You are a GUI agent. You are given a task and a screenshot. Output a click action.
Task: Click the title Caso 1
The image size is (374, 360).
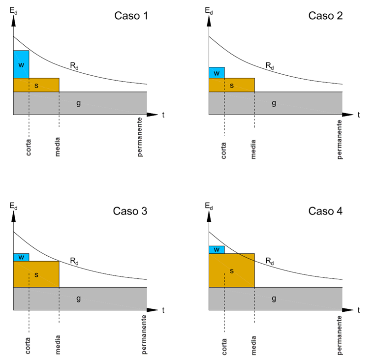point(131,15)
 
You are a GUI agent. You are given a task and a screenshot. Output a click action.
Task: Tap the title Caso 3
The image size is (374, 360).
point(130,211)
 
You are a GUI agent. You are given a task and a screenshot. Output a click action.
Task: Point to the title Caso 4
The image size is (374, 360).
point(325,211)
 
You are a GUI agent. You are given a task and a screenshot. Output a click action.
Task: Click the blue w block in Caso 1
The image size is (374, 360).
point(21,64)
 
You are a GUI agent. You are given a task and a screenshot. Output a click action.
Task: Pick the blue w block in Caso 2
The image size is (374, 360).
point(217,73)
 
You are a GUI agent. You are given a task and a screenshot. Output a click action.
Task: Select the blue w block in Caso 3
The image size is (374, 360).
point(21,257)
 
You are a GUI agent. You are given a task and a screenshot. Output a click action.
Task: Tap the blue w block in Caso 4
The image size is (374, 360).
point(217,250)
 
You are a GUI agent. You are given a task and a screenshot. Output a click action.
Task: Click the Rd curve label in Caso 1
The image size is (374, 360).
point(74,65)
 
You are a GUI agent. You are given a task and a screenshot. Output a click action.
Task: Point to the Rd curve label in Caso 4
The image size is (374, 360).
point(270,261)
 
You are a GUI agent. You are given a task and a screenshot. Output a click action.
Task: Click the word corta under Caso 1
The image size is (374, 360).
point(29,147)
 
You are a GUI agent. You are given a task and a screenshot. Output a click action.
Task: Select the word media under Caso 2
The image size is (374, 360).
point(254,147)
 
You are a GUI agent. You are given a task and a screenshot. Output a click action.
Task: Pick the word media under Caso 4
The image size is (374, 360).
point(254,342)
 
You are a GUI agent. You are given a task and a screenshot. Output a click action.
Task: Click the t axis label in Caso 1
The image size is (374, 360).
point(163,115)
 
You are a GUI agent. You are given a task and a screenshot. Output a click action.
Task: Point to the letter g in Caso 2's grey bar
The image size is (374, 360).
point(274,103)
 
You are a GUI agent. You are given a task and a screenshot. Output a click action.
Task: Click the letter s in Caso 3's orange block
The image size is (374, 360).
point(36,274)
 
